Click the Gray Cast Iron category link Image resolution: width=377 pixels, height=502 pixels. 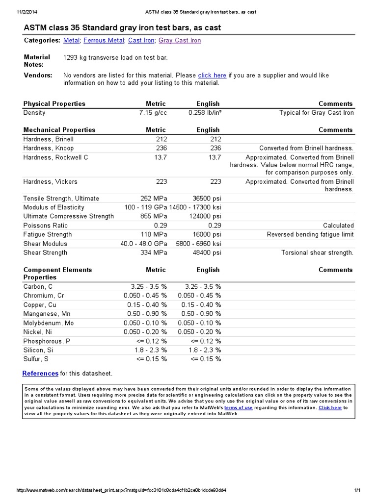pos(180,41)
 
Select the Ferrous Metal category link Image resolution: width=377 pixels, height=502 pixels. pos(104,41)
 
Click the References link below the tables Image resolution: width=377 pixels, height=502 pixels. pos(40,374)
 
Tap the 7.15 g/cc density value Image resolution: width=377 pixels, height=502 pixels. pos(153,113)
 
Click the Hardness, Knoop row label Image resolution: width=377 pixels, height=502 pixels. pos(49,148)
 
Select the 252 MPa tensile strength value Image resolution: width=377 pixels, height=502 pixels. pos(154,199)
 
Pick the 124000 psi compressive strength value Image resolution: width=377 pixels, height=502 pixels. pos(205,216)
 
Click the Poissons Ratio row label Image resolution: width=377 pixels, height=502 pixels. pos(46,226)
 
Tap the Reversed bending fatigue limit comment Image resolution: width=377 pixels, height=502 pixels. pos(310,234)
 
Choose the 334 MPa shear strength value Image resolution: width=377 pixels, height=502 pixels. pos(154,252)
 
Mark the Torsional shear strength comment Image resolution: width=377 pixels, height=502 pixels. pos(317,252)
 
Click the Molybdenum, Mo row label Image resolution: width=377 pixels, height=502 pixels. pos(49,323)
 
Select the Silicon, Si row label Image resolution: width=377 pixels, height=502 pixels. pos(38,350)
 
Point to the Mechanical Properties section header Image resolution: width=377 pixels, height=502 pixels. pos(59,130)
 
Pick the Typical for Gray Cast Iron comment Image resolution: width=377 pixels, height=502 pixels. pos(316,113)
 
